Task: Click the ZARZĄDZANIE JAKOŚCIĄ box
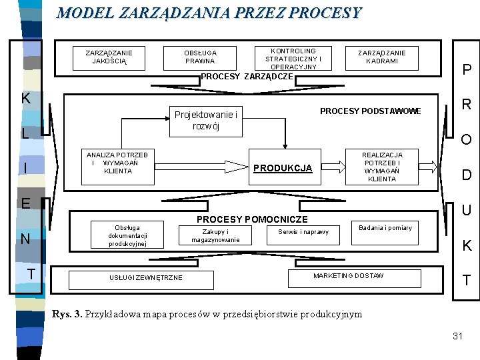point(109,57)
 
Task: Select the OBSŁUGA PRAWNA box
point(201,57)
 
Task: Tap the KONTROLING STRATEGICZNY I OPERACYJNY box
point(293,59)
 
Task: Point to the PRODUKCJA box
point(282,168)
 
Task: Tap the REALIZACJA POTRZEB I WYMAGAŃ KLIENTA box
point(382,167)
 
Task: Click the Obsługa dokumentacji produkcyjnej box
point(127,235)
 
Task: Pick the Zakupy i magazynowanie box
point(215,235)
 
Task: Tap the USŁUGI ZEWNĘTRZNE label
point(146,277)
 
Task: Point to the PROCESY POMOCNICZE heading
point(252,219)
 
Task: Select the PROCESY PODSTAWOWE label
point(371,111)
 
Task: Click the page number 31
point(457,336)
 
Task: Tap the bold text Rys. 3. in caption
point(67,314)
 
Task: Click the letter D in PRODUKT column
point(467,175)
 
